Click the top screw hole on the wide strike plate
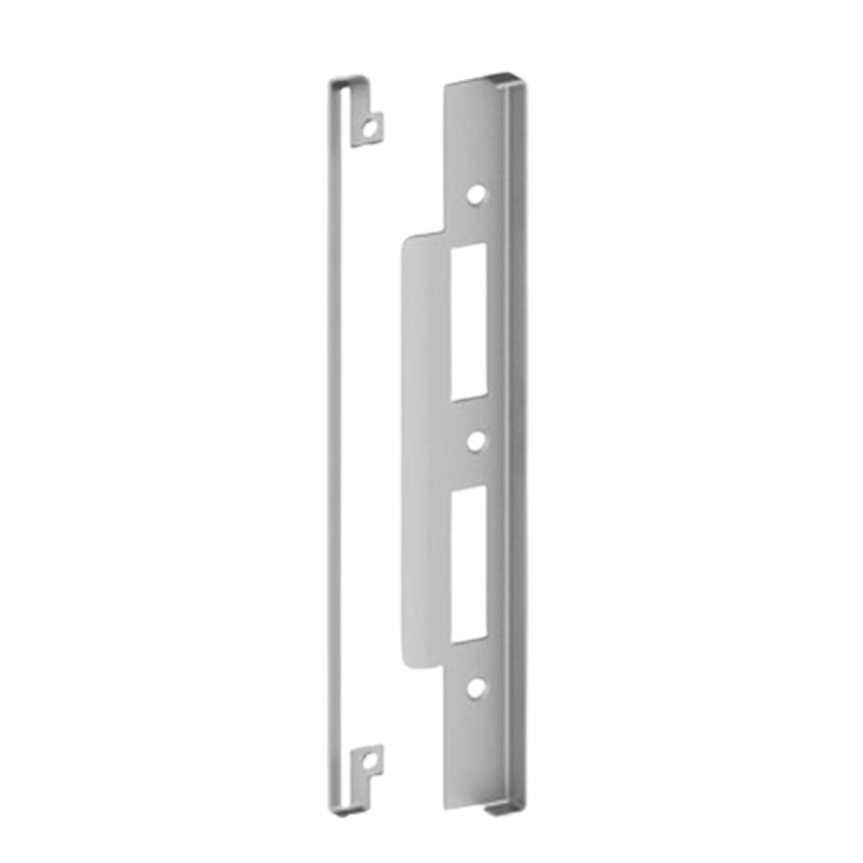tap(474, 196)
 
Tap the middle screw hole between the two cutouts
tap(474, 441)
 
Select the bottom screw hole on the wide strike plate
tap(474, 688)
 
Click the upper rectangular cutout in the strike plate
tap(469, 322)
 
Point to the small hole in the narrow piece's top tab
tap(371, 129)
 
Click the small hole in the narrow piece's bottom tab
tap(371, 762)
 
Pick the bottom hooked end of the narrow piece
tap(350, 810)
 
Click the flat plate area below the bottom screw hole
tap(473, 751)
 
